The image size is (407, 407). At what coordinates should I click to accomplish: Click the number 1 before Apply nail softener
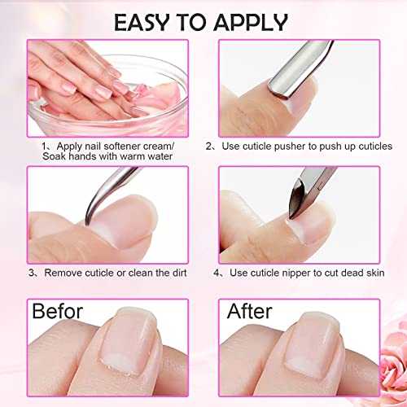coord(47,145)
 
